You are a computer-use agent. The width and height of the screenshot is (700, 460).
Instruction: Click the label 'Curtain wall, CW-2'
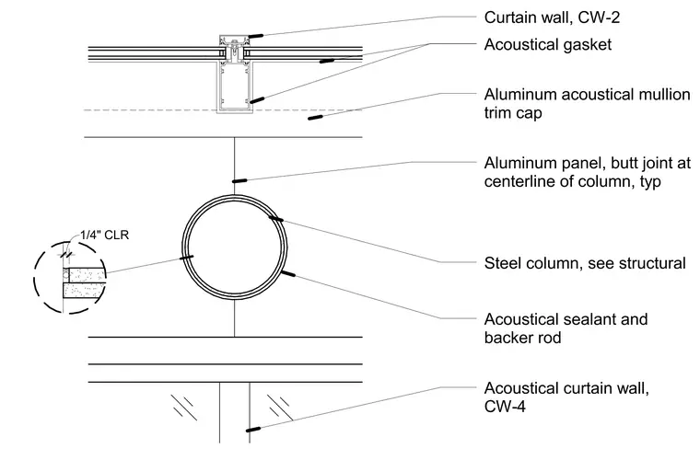pyautogui.click(x=552, y=17)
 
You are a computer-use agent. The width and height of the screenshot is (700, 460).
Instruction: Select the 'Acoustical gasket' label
pyautogui.click(x=548, y=44)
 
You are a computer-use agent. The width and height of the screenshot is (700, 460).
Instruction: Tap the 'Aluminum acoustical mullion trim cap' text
pyautogui.click(x=587, y=103)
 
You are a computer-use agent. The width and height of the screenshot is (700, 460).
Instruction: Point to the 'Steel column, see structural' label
pyautogui.click(x=585, y=263)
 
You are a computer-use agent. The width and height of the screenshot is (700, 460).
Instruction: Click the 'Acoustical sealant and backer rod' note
pyautogui.click(x=566, y=328)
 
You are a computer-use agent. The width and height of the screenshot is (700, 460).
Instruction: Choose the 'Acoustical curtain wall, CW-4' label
pyautogui.click(x=566, y=397)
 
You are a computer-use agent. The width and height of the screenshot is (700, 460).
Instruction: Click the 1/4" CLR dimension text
pyautogui.click(x=104, y=235)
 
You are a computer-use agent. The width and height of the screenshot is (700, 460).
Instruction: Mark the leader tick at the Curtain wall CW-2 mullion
pyautogui.click(x=256, y=36)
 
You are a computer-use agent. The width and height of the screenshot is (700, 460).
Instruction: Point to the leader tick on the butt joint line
pyautogui.click(x=239, y=181)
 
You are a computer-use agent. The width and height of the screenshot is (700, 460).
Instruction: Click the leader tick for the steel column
pyautogui.click(x=275, y=218)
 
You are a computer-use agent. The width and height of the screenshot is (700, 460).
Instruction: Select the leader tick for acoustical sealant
pyautogui.click(x=288, y=273)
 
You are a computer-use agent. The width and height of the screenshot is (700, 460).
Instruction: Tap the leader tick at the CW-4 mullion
pyautogui.click(x=253, y=430)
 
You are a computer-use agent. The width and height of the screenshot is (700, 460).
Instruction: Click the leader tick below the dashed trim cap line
pyautogui.click(x=316, y=118)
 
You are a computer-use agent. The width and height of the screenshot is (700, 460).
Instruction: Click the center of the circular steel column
pyautogui.click(x=235, y=247)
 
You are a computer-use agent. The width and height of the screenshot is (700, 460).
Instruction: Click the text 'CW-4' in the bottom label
pyautogui.click(x=505, y=407)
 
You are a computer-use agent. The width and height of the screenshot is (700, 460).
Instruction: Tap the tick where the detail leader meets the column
pyautogui.click(x=186, y=257)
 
